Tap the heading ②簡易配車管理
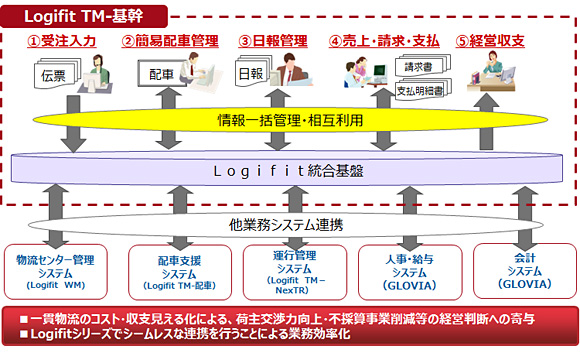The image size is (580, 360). [170, 41]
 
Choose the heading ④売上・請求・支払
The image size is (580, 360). [384, 41]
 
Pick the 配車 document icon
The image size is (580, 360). [161, 75]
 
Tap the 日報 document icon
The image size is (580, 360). [250, 75]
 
